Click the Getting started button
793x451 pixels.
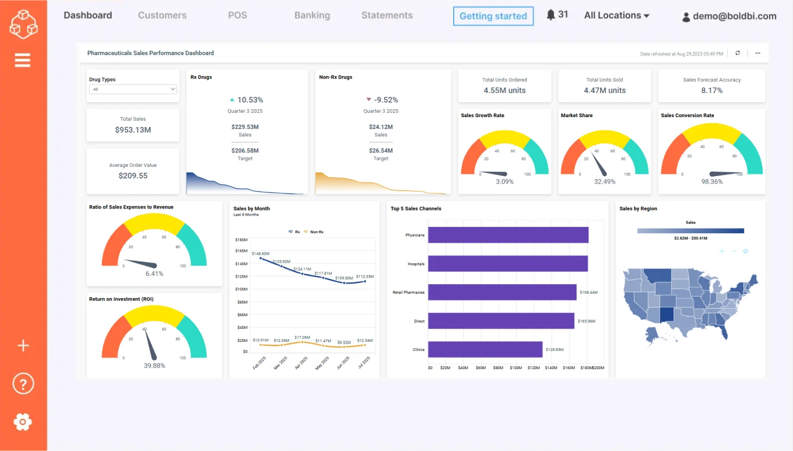click(x=493, y=16)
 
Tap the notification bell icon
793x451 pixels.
click(x=550, y=15)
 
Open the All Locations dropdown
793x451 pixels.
click(x=616, y=16)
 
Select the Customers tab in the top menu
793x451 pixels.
click(x=162, y=16)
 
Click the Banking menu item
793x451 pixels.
click(x=312, y=16)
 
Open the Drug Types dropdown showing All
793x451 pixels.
click(x=133, y=89)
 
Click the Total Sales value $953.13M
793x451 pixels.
click(x=133, y=130)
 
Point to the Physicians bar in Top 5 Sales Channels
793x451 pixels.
click(x=508, y=235)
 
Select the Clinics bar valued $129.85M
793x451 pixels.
click(x=485, y=349)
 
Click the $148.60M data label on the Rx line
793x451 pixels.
click(x=261, y=254)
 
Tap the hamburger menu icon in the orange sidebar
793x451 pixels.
click(x=22, y=60)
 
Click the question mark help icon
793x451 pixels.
click(x=23, y=384)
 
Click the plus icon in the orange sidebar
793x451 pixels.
click(x=23, y=346)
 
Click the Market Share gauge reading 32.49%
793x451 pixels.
click(x=604, y=182)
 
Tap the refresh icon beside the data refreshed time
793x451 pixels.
click(x=737, y=53)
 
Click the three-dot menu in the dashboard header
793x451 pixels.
click(x=757, y=53)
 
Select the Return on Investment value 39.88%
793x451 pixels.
click(x=154, y=366)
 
